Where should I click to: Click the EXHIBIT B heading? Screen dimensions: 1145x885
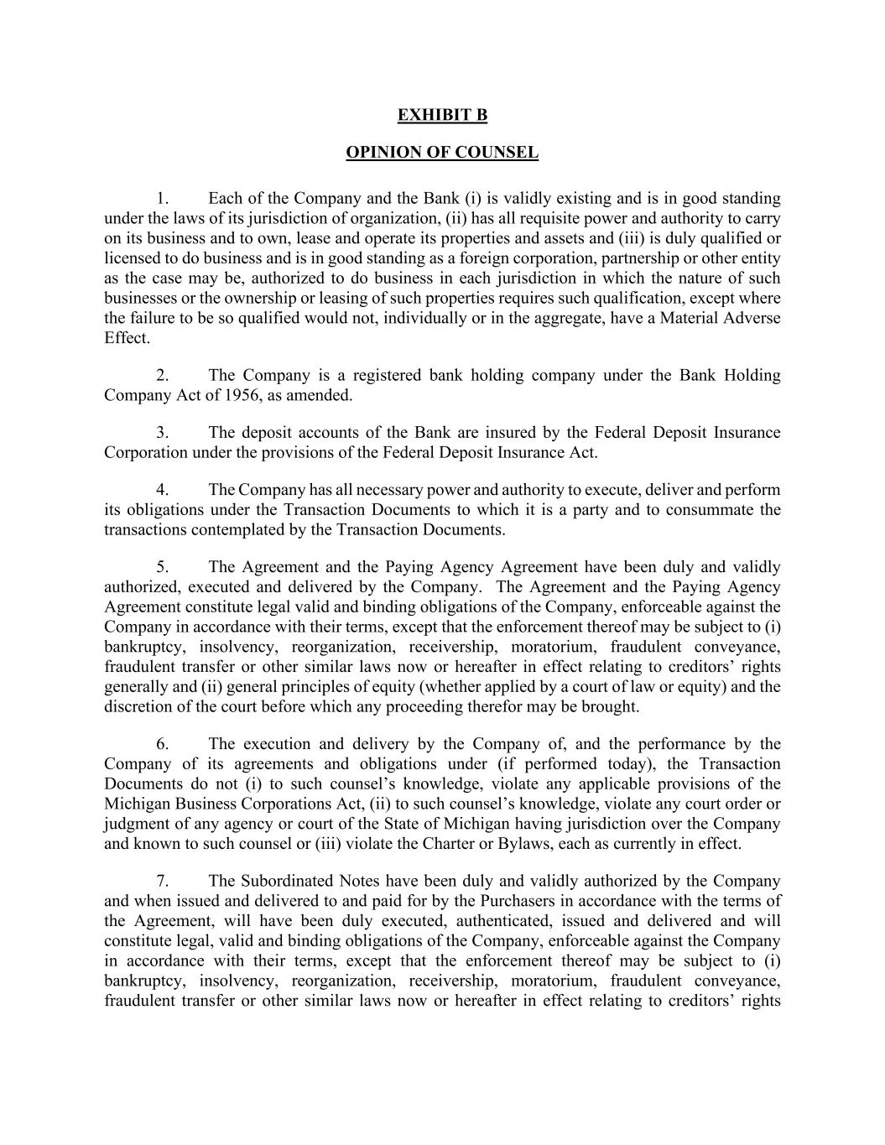point(442,115)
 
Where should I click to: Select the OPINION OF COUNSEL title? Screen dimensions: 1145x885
point(442,153)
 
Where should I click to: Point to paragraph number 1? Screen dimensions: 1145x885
point(162,199)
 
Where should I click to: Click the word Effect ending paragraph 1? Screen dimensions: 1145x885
point(127,338)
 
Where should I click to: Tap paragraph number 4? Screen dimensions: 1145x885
point(163,490)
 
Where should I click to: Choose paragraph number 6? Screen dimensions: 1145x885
point(163,744)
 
